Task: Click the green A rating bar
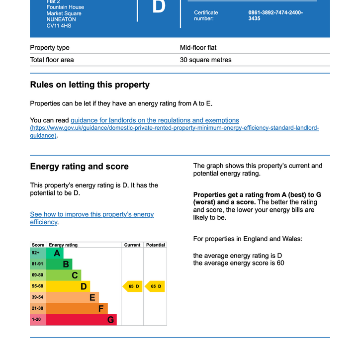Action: [x=55, y=254]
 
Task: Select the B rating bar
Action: [x=59, y=265]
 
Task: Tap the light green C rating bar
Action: [x=64, y=275]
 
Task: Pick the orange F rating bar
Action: [x=77, y=308]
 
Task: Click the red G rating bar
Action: [x=81, y=320]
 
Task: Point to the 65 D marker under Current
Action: [x=133, y=286]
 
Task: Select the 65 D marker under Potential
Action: [x=155, y=286]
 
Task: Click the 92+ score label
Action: [x=36, y=253]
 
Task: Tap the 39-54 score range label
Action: [x=38, y=297]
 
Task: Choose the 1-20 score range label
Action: [x=37, y=319]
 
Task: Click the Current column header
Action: [x=132, y=245]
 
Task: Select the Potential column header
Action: [x=155, y=245]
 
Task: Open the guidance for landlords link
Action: [x=155, y=120]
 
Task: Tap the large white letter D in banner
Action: [x=159, y=7]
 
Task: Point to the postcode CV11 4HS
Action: [x=59, y=25]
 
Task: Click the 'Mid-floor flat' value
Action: [x=198, y=48]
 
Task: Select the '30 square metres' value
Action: [x=205, y=60]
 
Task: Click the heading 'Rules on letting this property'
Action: [x=90, y=85]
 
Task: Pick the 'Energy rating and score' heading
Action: [x=79, y=167]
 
